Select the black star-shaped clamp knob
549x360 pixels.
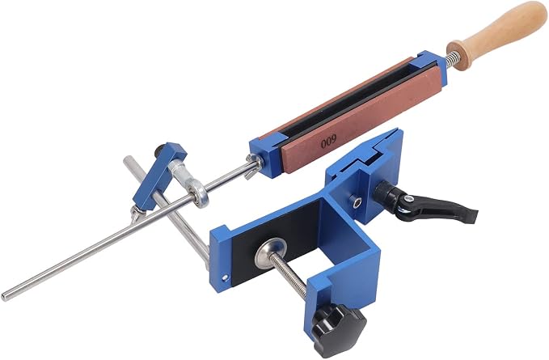(340, 328)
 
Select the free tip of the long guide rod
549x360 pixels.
(4, 297)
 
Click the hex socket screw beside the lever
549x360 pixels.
(356, 202)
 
